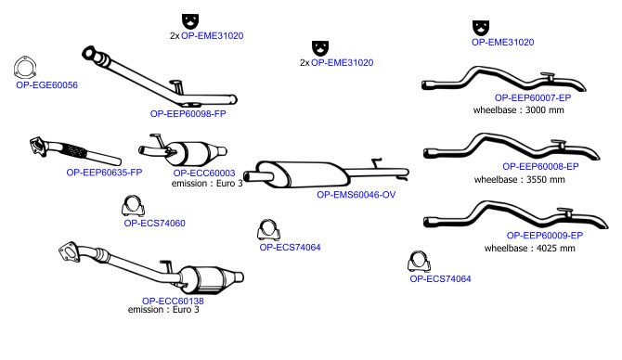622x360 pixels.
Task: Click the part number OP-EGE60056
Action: click(x=46, y=84)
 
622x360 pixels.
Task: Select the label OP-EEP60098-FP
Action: click(x=188, y=114)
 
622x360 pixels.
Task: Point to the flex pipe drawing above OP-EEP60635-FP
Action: click(x=75, y=152)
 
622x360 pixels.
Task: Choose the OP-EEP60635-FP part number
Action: click(x=104, y=173)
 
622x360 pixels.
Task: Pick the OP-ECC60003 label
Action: click(x=204, y=174)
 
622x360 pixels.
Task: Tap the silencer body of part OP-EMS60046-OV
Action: click(x=303, y=174)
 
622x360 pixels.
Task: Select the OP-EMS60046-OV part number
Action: click(x=356, y=195)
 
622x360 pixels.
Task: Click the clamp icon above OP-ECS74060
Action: click(x=133, y=205)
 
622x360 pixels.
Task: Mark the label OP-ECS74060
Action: click(x=155, y=224)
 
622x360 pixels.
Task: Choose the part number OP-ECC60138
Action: click(x=173, y=301)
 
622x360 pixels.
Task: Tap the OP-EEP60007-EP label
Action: click(x=533, y=97)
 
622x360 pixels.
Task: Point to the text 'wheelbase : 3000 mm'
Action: click(x=518, y=109)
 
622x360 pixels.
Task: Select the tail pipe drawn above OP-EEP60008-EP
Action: click(x=512, y=148)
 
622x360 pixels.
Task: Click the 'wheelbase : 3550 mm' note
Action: click(x=520, y=180)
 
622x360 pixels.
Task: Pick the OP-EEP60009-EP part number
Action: click(x=545, y=236)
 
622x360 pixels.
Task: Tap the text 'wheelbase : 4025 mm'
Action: click(x=529, y=248)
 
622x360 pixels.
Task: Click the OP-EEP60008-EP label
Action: click(x=540, y=166)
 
